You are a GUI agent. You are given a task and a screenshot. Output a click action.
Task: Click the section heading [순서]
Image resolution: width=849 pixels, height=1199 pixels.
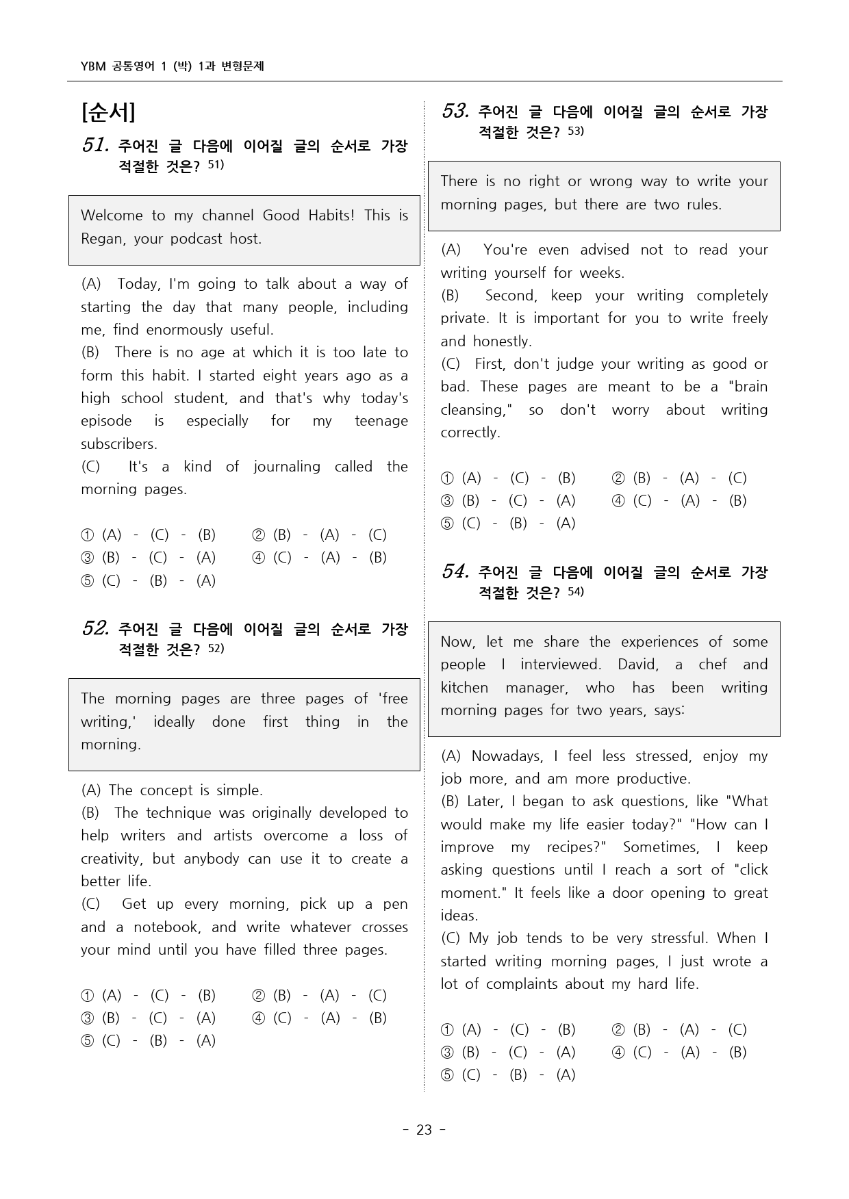108,112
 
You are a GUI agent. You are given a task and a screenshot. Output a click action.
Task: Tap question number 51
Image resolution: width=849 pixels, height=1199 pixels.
94,145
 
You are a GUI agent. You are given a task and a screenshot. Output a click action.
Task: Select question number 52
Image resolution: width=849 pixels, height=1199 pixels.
94,628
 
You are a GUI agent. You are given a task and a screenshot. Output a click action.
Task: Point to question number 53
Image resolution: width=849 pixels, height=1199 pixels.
455,111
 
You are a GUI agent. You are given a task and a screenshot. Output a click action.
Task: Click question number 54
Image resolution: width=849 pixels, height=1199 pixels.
455,571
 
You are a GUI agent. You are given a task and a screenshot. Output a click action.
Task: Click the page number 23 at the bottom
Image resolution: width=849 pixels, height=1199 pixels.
424,1130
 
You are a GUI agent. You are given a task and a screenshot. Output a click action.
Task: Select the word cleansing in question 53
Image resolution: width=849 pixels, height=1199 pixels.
474,410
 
